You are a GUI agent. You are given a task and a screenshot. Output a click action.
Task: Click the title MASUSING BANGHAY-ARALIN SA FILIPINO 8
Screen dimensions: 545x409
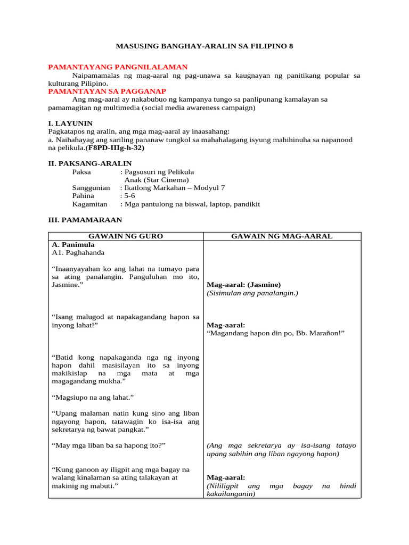point(204,46)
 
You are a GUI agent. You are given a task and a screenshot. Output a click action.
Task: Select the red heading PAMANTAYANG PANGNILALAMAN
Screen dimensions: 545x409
point(118,67)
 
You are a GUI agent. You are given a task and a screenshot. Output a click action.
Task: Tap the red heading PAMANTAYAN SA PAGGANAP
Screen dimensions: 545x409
point(107,91)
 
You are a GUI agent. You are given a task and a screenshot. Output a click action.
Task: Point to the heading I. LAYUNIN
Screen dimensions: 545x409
point(70,123)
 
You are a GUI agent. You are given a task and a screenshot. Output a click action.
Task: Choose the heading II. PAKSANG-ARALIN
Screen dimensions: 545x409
point(90,163)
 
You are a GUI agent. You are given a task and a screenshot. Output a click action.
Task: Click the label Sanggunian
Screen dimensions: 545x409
point(91,188)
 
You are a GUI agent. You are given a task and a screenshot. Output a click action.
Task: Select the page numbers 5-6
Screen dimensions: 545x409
point(130,196)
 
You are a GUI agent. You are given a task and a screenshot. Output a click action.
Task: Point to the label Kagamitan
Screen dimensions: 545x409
point(89,204)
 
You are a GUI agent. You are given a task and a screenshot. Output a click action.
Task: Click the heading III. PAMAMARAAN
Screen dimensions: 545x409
point(85,220)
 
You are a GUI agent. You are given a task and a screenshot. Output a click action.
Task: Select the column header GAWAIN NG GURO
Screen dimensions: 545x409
point(125,236)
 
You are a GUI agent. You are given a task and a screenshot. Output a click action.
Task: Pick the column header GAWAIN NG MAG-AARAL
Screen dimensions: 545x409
point(282,236)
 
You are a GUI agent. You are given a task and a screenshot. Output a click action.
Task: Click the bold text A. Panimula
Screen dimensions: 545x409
point(73,245)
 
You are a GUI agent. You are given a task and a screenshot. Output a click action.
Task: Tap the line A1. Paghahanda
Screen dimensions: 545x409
point(78,253)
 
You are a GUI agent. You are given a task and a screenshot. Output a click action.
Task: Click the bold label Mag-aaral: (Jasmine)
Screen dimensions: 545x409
point(243,285)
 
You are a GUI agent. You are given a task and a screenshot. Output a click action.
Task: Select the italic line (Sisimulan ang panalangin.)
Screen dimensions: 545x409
point(252,293)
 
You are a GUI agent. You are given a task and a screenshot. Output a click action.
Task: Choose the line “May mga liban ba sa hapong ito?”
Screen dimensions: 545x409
point(109,445)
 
